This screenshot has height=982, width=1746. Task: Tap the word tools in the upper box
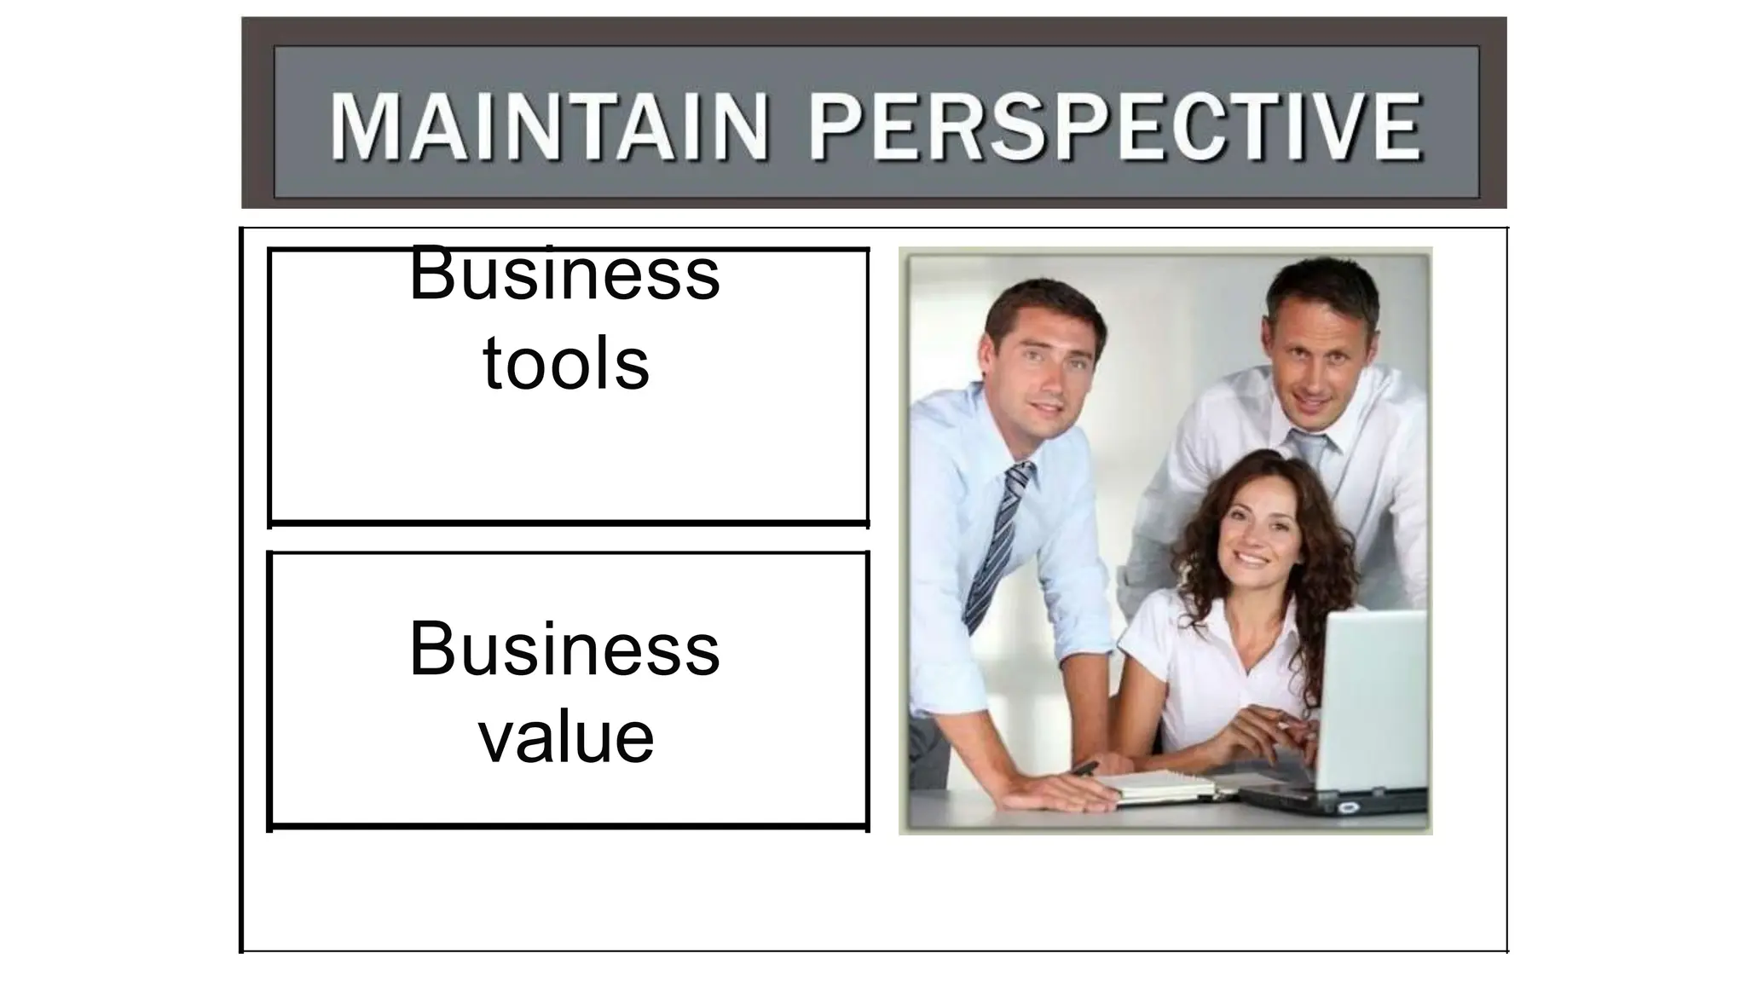click(566, 364)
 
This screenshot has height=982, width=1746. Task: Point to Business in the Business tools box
click(564, 274)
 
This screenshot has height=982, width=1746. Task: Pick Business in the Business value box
click(564, 650)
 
